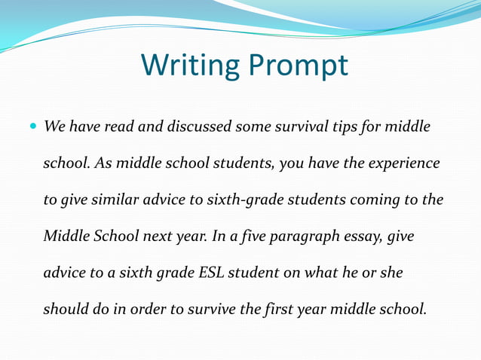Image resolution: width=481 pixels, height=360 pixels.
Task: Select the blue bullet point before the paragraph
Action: coord(34,127)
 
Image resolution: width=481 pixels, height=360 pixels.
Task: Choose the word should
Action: coord(66,309)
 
